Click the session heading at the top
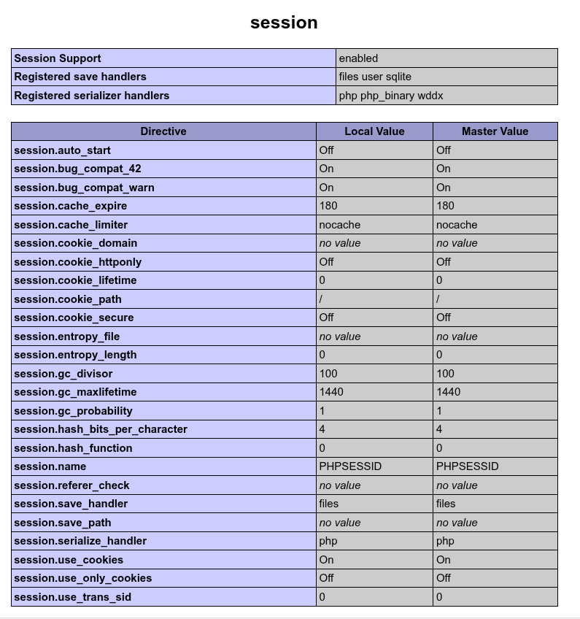pyautogui.click(x=284, y=23)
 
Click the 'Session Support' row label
pyautogui.click(x=58, y=58)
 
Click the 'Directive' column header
pyautogui.click(x=163, y=131)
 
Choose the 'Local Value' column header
pyautogui.click(x=374, y=131)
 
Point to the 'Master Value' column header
pyautogui.click(x=495, y=131)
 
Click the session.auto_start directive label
pyautogui.click(x=63, y=150)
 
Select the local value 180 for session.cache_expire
pyautogui.click(x=328, y=206)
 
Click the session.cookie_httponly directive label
pyautogui.click(x=78, y=262)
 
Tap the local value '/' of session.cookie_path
pyautogui.click(x=321, y=299)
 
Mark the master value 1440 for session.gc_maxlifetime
pyautogui.click(x=449, y=392)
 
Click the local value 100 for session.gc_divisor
pyautogui.click(x=328, y=374)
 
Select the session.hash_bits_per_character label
pyautogui.click(x=101, y=429)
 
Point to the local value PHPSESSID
pyautogui.click(x=350, y=466)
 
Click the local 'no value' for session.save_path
pyautogui.click(x=340, y=523)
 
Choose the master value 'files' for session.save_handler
pyautogui.click(x=446, y=504)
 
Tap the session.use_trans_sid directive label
pyautogui.click(x=73, y=597)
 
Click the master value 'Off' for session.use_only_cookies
pyautogui.click(x=444, y=578)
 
